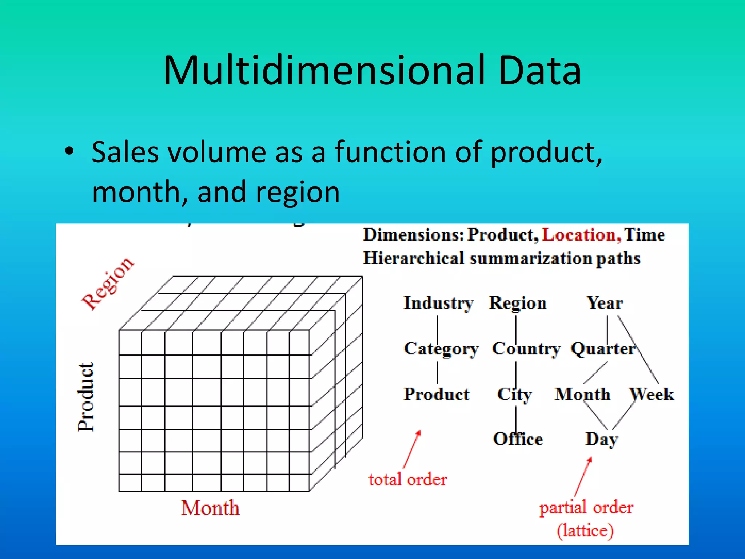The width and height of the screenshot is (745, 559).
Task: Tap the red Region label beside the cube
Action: pyautogui.click(x=107, y=283)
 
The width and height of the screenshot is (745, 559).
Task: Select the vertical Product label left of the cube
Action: pyautogui.click(x=86, y=397)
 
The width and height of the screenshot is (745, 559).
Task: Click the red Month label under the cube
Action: pyautogui.click(x=210, y=508)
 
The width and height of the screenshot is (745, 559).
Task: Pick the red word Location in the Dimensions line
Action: pyautogui.click(x=581, y=235)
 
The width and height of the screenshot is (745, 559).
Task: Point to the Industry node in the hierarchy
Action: pyautogui.click(x=438, y=303)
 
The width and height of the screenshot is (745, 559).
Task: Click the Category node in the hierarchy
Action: pyautogui.click(x=441, y=349)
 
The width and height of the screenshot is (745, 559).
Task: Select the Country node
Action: pyautogui.click(x=526, y=349)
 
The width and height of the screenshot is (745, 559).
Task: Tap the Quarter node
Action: pyautogui.click(x=603, y=349)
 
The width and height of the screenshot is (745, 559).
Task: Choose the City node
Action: pyautogui.click(x=514, y=395)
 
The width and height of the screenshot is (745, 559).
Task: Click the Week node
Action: pyautogui.click(x=652, y=395)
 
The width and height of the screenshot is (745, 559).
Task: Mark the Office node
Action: pyautogui.click(x=518, y=439)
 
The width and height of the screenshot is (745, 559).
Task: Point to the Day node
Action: pyautogui.click(x=601, y=439)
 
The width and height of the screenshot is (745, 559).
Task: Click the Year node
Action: pyautogui.click(x=604, y=303)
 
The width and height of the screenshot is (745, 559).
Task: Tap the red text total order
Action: pyautogui.click(x=407, y=480)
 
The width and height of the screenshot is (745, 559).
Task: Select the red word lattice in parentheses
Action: pyautogui.click(x=585, y=531)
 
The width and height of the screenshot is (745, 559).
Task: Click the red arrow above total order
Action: pyautogui.click(x=412, y=450)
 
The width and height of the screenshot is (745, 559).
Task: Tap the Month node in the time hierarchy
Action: pyautogui.click(x=582, y=395)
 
